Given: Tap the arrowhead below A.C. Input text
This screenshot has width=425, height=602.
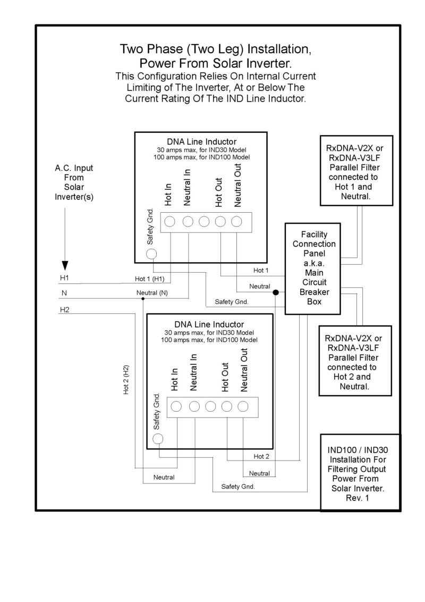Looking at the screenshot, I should [x=65, y=265].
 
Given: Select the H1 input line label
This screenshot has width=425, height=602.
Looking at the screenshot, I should [x=64, y=279].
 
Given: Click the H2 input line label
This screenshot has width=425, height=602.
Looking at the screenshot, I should [x=64, y=310].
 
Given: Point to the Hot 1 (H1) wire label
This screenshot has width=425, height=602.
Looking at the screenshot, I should [x=150, y=279].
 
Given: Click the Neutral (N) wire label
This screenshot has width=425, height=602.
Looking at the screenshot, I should [x=152, y=294].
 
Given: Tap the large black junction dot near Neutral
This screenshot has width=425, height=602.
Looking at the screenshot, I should [x=276, y=292].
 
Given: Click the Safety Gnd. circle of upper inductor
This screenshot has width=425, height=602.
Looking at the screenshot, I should [x=151, y=254].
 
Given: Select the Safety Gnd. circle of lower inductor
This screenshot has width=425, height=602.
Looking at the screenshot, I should [x=158, y=439].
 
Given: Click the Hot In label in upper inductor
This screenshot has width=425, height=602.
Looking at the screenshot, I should [x=168, y=194].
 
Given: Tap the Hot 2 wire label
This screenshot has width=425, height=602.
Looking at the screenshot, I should [x=261, y=456].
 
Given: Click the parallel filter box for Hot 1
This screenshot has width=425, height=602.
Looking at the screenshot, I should [x=356, y=170].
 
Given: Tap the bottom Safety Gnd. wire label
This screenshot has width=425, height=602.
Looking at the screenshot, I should [x=238, y=487].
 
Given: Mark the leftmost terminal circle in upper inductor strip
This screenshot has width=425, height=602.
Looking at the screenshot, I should [x=171, y=222].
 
